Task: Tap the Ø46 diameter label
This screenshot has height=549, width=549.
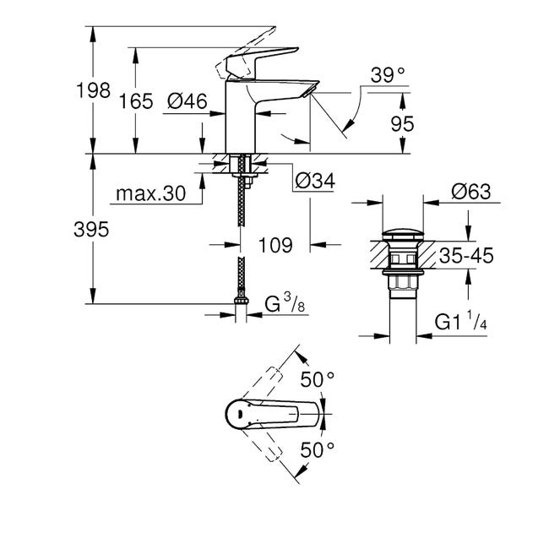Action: (188, 101)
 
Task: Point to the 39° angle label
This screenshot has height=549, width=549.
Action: (389, 76)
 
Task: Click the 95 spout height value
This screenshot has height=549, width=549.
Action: (402, 123)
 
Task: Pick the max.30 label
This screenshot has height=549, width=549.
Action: (150, 193)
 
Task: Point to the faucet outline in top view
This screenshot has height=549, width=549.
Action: (270, 413)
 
